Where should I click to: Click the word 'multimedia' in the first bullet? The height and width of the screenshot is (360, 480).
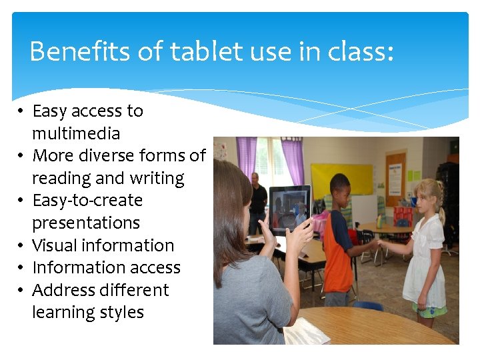pos(76,133)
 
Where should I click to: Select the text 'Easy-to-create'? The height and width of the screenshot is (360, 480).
pos(87,201)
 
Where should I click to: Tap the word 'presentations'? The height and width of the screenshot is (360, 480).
pos(86,223)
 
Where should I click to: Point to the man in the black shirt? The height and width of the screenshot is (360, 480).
pos(257,200)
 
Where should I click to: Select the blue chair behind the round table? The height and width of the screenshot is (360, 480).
pos(368,305)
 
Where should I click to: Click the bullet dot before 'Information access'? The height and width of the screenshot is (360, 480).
pos(22,268)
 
